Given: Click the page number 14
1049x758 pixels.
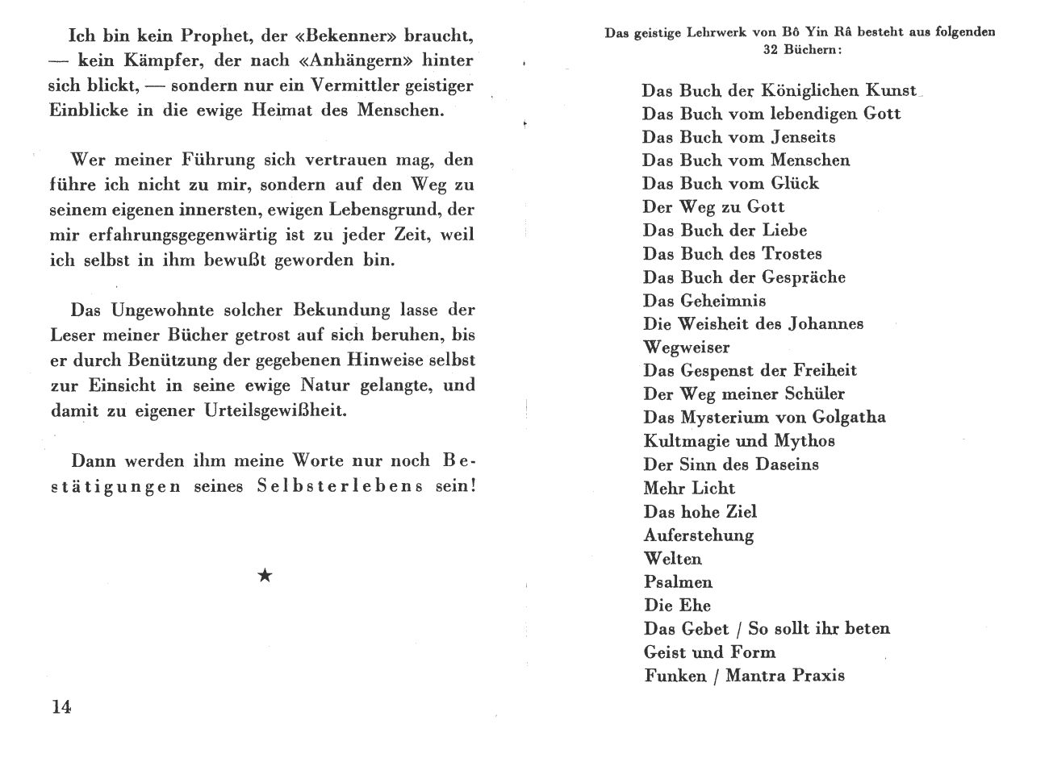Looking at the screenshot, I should [x=61, y=707].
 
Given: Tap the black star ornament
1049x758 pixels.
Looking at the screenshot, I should [x=265, y=575].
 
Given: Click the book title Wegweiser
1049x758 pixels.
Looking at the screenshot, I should [x=687, y=348].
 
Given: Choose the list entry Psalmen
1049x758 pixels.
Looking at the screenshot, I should [x=679, y=581].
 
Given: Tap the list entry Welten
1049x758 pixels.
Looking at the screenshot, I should [x=673, y=558].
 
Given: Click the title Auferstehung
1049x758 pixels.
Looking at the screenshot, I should [x=699, y=535].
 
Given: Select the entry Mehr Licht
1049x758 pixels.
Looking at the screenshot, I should [x=689, y=488].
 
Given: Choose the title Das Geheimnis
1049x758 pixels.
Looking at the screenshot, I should [x=704, y=301].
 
